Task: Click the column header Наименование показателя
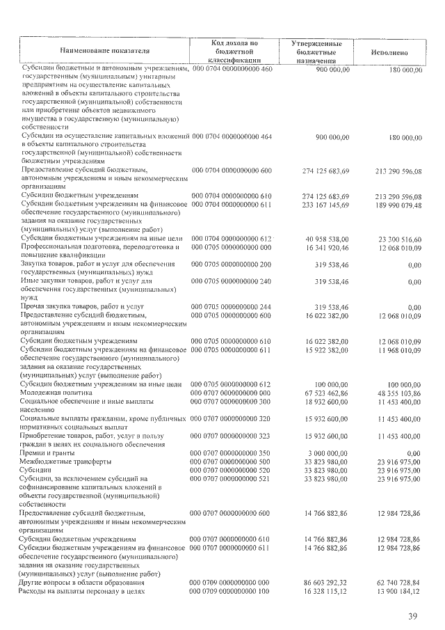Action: pos(104,51)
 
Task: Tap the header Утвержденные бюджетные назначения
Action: pos(321,52)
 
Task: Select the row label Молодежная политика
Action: pos(56,393)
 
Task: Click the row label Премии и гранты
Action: pos(51,453)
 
